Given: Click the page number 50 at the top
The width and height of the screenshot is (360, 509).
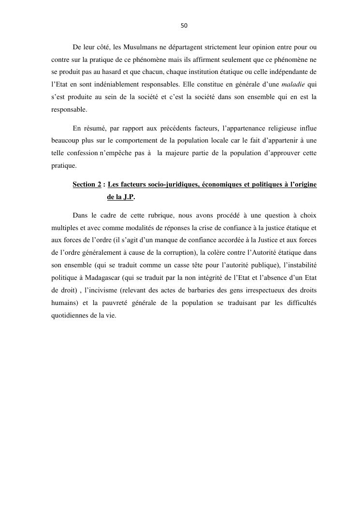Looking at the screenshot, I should click(184, 26).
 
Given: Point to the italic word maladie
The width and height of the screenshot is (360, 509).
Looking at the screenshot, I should click(289, 85).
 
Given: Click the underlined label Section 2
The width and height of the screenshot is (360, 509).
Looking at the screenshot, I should click(87, 184).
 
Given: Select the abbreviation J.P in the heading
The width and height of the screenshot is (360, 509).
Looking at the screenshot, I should click(127, 197).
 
